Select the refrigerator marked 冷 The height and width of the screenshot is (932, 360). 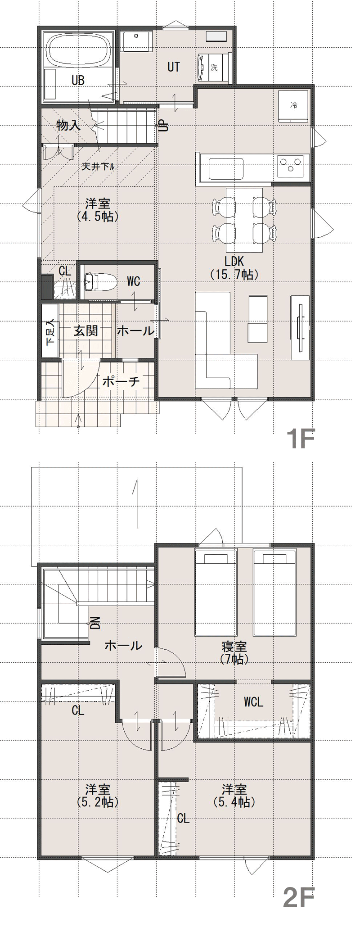(293, 106)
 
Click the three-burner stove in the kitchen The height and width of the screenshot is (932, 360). (293, 165)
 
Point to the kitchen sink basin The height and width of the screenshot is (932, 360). (226, 168)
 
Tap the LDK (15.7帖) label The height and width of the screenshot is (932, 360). (234, 267)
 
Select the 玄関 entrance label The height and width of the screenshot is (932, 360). (85, 331)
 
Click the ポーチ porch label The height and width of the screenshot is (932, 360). (121, 381)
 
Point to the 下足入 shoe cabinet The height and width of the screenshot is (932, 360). (50, 331)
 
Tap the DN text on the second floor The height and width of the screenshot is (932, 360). (95, 623)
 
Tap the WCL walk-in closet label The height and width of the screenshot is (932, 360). (253, 701)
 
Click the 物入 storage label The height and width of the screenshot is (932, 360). (68, 125)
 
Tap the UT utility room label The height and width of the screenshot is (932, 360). (174, 67)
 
